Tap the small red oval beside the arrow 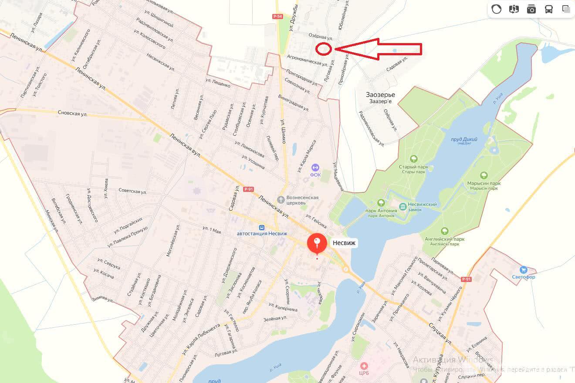tap(323, 49)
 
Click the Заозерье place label tap(380, 95)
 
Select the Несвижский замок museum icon tap(403, 205)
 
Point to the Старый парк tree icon tap(414, 159)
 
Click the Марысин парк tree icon tap(483, 175)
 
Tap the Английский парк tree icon tap(444, 231)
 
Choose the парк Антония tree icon tap(381, 203)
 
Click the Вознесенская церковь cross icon tap(281, 200)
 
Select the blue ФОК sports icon tap(315, 168)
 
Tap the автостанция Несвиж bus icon tap(262, 227)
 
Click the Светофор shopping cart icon tap(524, 270)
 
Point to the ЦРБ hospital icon tap(364, 366)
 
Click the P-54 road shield tap(277, 16)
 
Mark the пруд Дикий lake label tap(464, 139)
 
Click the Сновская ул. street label tap(72, 113)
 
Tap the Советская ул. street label tap(132, 191)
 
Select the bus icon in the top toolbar tap(549, 9)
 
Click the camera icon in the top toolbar tap(531, 9)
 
